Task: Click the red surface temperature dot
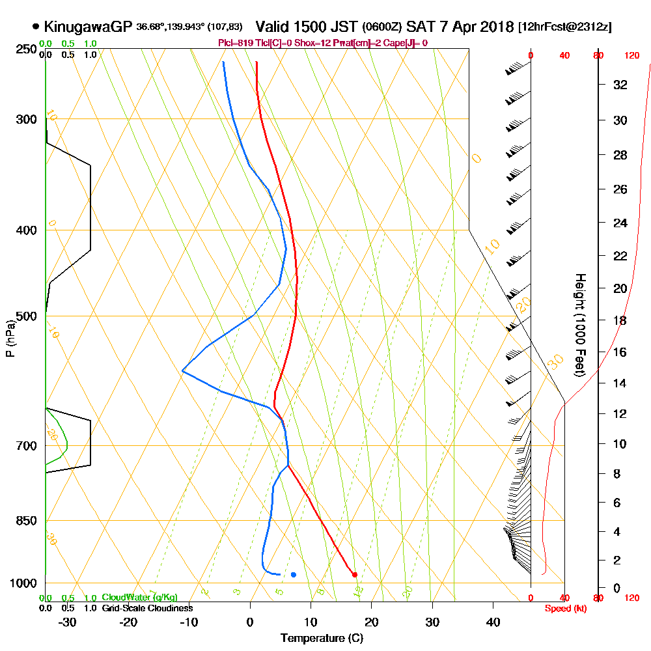coord(355,574)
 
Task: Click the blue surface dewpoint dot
coord(294,574)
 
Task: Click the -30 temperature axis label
coord(67,622)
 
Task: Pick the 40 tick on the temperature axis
coord(493,622)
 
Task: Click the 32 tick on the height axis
coord(620,85)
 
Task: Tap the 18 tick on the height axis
coord(620,320)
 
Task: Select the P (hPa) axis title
coord(10,338)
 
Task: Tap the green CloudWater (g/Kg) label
coord(139,598)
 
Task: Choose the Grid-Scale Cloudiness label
coord(147,608)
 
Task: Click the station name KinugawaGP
coord(89,27)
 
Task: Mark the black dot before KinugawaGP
coord(35,27)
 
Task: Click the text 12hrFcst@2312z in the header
coord(564,27)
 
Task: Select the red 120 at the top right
coord(631,56)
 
